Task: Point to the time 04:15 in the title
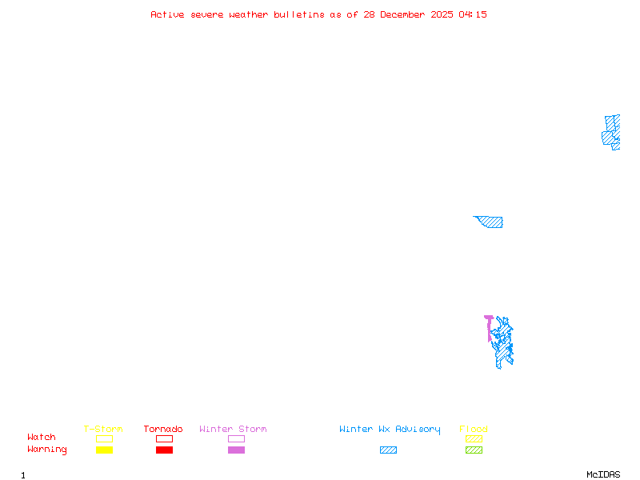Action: [473, 14]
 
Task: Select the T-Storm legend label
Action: [103, 430]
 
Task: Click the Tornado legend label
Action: [163, 430]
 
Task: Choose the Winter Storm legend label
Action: [233, 430]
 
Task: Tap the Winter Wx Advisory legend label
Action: [390, 430]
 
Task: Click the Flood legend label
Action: [474, 430]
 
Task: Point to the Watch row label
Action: [42, 438]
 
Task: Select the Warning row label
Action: [47, 450]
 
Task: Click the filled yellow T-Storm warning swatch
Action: [104, 450]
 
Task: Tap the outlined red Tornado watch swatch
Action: [164, 438]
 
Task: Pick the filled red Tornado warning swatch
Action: [164, 450]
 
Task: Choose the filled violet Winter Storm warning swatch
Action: [236, 450]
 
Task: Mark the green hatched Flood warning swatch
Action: [474, 450]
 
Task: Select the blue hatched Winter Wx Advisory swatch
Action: [388, 450]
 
